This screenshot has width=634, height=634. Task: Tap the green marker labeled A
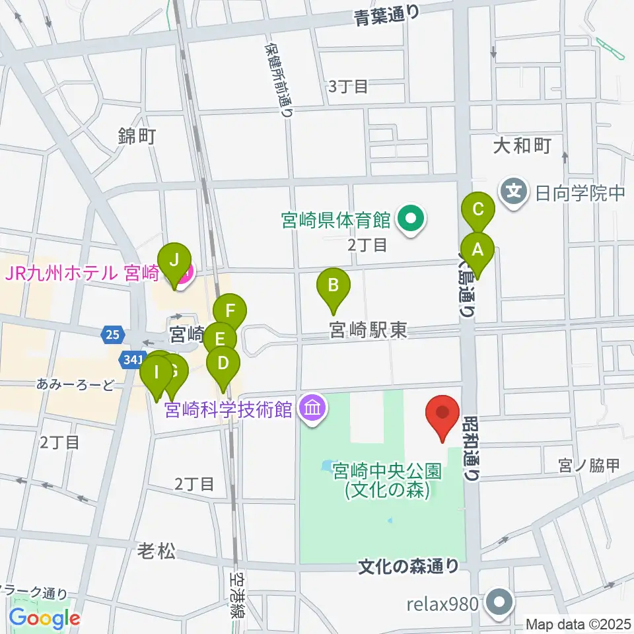pos(476,251)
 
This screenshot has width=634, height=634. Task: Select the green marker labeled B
pos(334,287)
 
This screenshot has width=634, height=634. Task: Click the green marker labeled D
pos(224,363)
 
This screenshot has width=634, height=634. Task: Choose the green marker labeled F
pos(230,310)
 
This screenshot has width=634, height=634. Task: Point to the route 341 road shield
pos(129,359)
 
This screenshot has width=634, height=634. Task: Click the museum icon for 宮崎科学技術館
pos(312,409)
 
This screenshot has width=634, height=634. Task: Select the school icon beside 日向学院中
pos(514,193)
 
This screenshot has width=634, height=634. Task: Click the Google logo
pos(45,619)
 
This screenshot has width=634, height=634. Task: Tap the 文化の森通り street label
pos(408,566)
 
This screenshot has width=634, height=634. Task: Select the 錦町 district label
pos(136,137)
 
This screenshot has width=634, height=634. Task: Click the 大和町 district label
pos(522,146)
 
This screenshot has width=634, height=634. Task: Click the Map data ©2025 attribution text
pos(579,623)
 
